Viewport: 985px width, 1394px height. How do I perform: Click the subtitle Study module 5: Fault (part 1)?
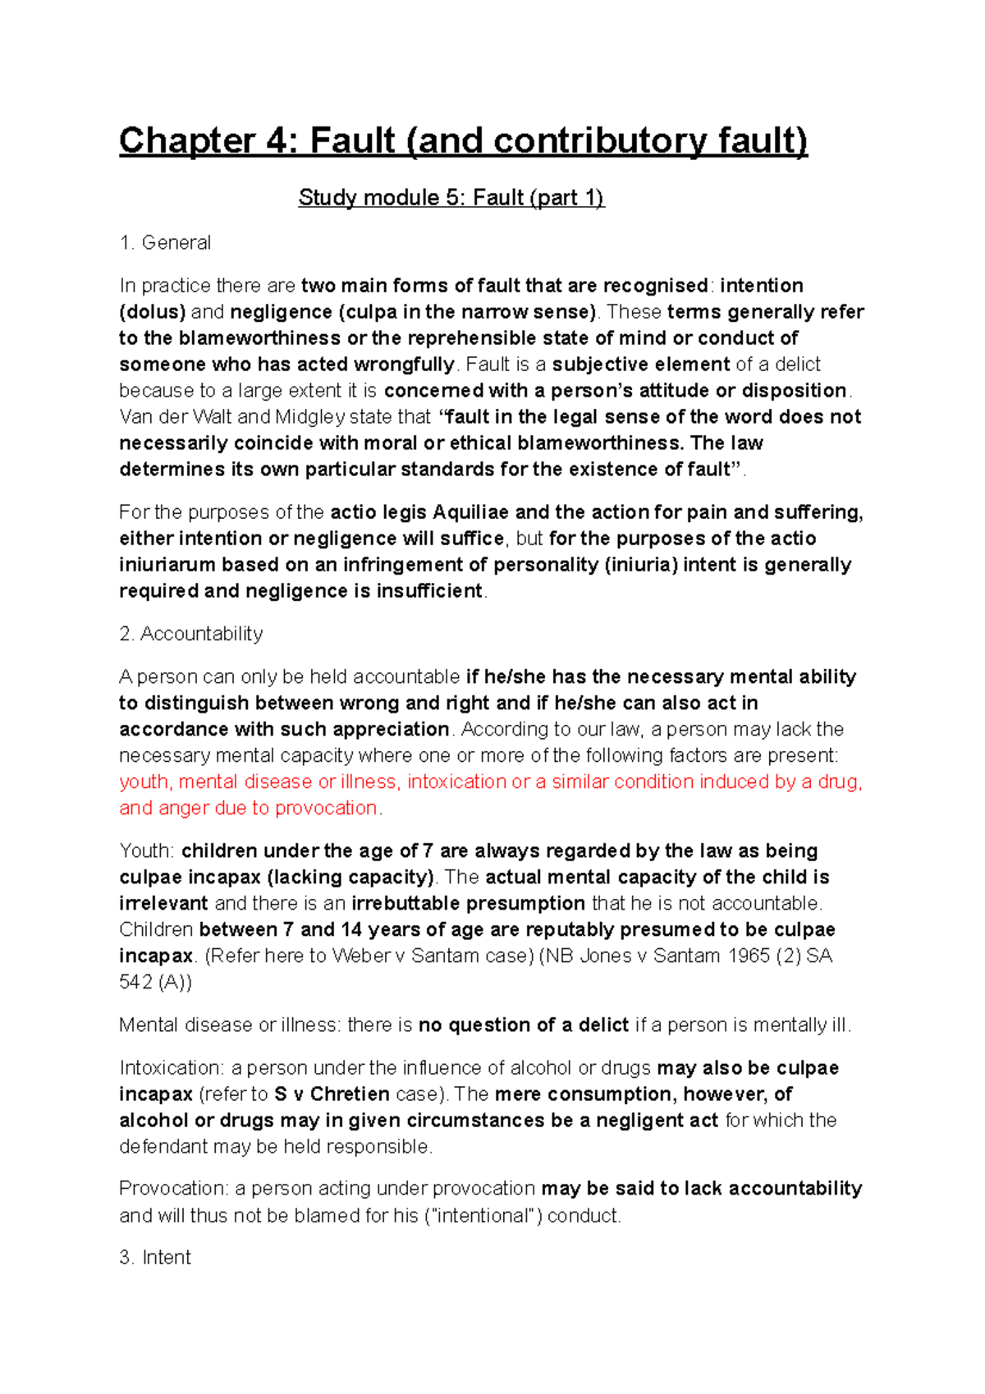(x=451, y=198)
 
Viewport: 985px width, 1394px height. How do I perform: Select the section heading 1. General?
(x=165, y=243)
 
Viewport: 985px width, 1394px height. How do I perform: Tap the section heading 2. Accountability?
(x=191, y=634)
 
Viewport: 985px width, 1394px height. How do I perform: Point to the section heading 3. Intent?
(x=155, y=1258)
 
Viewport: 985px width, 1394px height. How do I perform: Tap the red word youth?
(x=144, y=782)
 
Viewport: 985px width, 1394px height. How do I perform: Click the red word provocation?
(x=326, y=808)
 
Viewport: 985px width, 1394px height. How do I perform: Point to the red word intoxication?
(x=456, y=782)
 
